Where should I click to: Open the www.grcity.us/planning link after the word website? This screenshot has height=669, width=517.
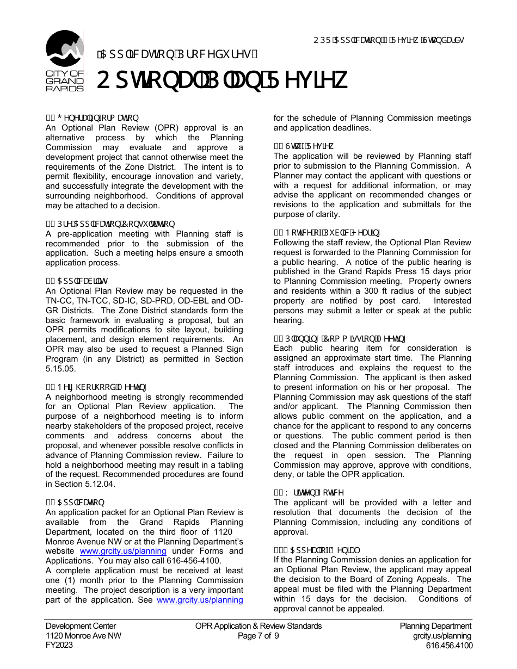click(x=122, y=551)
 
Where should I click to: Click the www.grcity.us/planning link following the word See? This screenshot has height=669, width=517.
click(x=200, y=600)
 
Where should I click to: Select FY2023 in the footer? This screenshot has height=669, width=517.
click(x=59, y=646)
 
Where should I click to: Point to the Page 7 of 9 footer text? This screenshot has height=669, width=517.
click(x=258, y=636)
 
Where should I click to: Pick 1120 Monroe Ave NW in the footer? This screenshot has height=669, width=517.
click(x=83, y=636)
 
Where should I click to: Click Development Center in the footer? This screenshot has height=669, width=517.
click(x=81, y=626)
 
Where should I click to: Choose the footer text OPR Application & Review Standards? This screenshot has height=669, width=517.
click(x=258, y=626)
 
